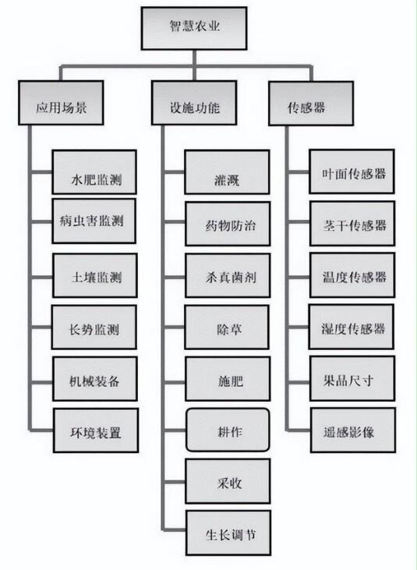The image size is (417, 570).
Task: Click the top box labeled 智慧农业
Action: [x=194, y=28]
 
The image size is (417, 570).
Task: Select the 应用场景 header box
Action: [x=61, y=103]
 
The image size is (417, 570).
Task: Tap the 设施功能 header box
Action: [x=194, y=103]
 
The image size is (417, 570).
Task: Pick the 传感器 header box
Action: [x=311, y=104]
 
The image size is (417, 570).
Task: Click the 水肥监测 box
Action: [x=94, y=172]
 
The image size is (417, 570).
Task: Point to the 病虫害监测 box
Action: [x=94, y=221]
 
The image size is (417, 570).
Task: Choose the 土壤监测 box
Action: [x=95, y=275]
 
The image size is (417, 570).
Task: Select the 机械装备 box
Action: [x=95, y=379]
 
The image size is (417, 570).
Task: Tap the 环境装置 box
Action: [x=96, y=430]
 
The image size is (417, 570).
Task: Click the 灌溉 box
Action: [x=227, y=172]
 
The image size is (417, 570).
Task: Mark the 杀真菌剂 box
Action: [x=228, y=275]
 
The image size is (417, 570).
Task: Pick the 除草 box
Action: [x=227, y=327]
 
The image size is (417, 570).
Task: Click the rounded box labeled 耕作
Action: [x=228, y=430]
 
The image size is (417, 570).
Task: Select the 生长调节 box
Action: [x=228, y=533]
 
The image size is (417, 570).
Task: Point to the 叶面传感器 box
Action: [x=352, y=172]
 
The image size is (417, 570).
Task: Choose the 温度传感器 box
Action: [x=352, y=275]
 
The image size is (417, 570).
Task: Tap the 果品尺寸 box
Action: [x=352, y=378]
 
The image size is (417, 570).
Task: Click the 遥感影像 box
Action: [x=353, y=430]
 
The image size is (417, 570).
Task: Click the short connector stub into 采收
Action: [x=175, y=483]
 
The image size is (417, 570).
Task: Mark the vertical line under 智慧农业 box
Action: [x=195, y=65]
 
